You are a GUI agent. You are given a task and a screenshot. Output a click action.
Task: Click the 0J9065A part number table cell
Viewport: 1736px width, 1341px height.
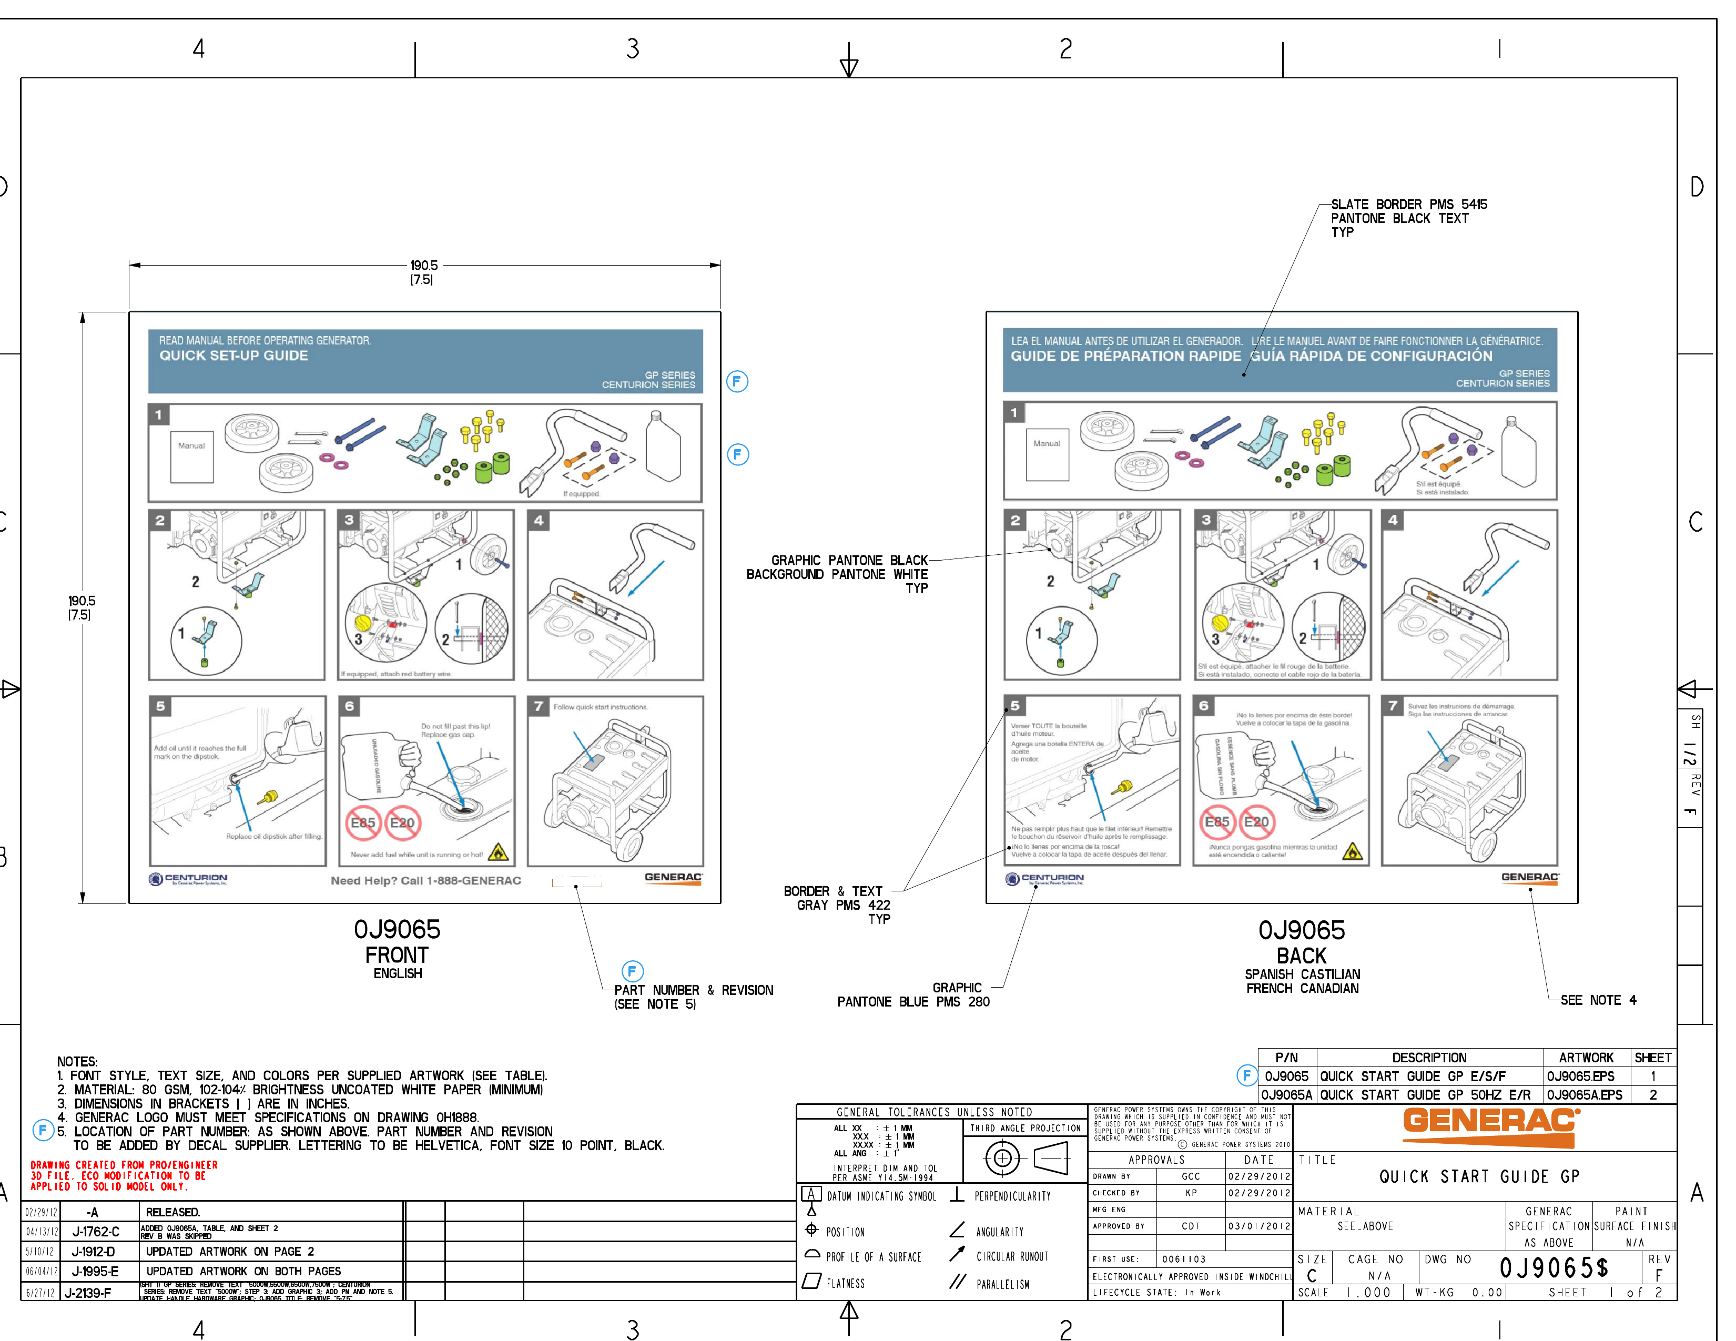tap(1286, 1094)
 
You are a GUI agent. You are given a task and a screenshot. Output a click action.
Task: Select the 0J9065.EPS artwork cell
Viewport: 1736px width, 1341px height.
tap(1580, 1076)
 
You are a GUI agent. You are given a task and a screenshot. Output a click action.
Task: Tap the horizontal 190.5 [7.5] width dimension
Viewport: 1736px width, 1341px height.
tap(424, 271)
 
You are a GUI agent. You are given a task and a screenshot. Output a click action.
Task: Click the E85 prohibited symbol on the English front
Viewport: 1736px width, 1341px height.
tap(362, 822)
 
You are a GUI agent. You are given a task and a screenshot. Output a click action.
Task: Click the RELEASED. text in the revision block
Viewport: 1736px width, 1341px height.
tap(172, 1212)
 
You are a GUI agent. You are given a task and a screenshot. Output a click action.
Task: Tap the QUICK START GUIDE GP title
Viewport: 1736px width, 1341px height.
tap(1478, 1176)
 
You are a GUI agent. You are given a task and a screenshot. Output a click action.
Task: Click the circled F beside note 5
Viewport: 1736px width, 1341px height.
tap(43, 1130)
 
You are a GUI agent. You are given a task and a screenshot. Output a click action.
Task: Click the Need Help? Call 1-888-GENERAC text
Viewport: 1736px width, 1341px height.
tap(426, 881)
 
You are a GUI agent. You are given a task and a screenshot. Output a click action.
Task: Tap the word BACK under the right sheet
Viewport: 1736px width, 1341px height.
tap(1301, 956)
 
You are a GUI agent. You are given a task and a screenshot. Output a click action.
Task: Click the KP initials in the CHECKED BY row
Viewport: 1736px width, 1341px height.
tap(1191, 1192)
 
